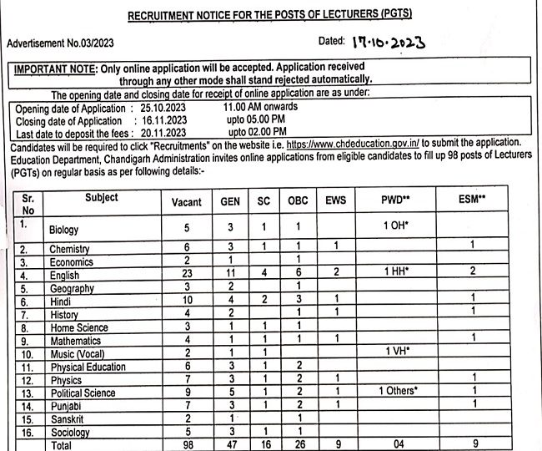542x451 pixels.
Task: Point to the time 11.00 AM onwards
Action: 260,107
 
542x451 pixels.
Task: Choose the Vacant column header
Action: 186,202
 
